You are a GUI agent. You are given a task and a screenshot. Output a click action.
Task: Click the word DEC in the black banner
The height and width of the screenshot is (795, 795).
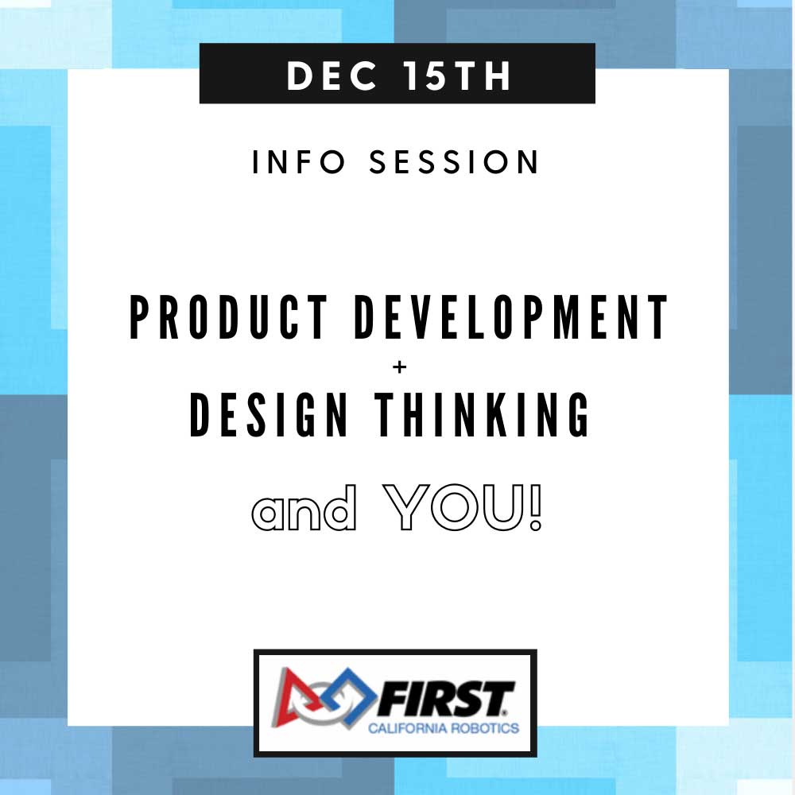click(332, 76)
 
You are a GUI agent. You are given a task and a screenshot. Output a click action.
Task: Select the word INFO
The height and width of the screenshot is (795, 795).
click(298, 161)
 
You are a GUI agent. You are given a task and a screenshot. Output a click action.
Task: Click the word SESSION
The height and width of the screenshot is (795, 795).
click(454, 161)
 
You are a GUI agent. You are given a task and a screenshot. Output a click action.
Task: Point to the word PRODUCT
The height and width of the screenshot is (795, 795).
click(229, 317)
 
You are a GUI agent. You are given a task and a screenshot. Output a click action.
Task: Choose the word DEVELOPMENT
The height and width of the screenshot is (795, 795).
click(511, 317)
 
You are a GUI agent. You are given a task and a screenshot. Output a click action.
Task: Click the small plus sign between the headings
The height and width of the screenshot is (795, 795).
click(400, 366)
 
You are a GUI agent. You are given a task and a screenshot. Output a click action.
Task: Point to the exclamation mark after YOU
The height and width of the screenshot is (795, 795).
click(535, 507)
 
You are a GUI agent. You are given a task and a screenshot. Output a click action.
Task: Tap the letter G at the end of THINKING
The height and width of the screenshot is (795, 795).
click(577, 414)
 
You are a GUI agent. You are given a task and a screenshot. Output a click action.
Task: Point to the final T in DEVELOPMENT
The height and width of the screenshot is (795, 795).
click(658, 317)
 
